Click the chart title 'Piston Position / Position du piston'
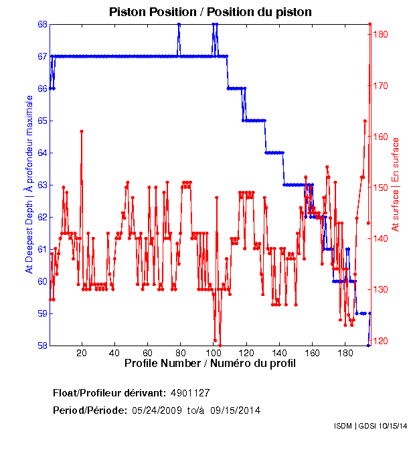pos(210,12)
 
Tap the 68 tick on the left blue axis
pos(42,24)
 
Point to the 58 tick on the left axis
pos(42,346)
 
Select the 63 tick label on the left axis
pos(42,185)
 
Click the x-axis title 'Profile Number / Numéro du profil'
pos(210,364)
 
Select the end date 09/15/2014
pos(234,410)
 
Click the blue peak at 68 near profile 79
pos(179,24)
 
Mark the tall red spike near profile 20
pos(82,131)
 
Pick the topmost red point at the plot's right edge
pos(370,24)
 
